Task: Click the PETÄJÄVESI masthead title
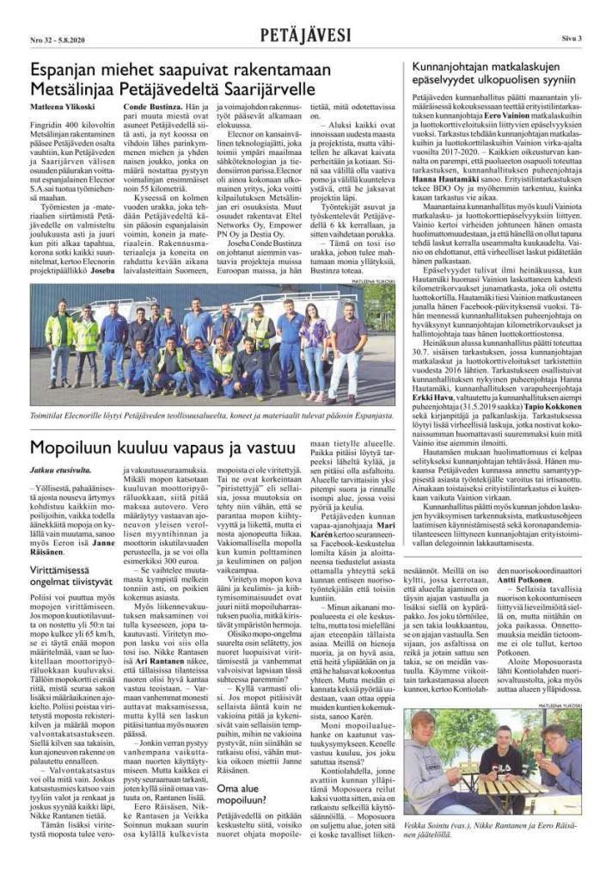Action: point(306,35)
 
